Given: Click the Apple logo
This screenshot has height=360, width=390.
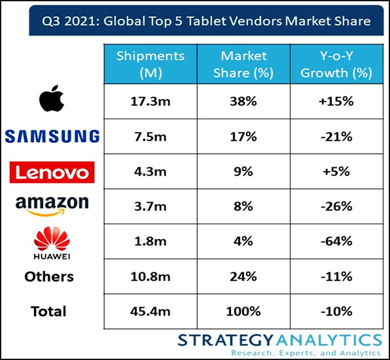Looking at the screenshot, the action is coord(52,98).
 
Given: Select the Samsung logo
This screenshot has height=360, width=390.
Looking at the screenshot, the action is coord(52,136).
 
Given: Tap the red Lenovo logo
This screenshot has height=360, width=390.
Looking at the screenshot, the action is coord(52,172).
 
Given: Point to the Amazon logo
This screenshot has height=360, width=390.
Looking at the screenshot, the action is coord(52,206).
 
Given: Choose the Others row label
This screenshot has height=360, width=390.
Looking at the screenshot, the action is coord(49,277).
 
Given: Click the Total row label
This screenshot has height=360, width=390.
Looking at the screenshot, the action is coord(49,311).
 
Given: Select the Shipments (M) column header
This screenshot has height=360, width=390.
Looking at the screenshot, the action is coord(151,64).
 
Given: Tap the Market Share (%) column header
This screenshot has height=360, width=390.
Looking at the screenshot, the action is coord(244,64).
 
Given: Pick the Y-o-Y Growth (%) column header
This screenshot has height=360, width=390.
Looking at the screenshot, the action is coord(336,64).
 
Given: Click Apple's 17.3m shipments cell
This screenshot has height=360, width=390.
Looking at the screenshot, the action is coord(151,101).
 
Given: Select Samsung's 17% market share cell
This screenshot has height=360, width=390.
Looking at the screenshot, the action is coord(243,137).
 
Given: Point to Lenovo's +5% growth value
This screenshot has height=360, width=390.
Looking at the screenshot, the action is coord(336,172).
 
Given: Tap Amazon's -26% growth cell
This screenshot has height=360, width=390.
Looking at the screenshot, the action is coord(336,206).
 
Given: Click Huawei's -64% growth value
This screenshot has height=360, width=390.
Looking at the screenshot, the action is coord(336,241).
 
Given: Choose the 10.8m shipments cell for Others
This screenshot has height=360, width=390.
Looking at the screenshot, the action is coord(151,277).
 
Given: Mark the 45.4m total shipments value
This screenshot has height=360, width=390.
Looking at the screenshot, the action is coord(151,311).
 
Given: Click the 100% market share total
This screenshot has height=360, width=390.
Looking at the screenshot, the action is coord(243,311).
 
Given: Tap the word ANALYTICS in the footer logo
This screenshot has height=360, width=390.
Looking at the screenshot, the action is coord(329,340).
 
